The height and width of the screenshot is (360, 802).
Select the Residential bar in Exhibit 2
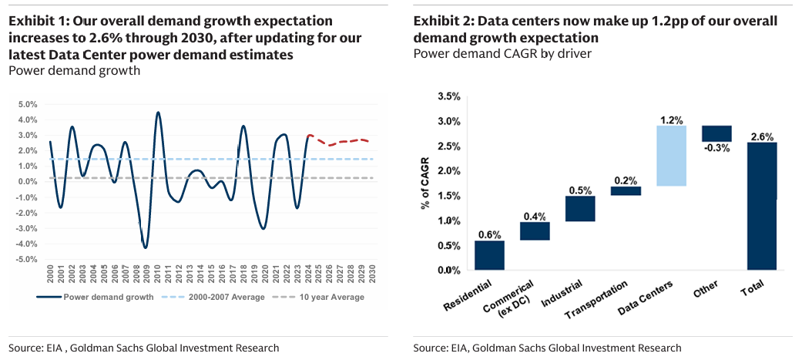coord(489,255)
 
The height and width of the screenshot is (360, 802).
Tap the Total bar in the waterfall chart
coord(762,206)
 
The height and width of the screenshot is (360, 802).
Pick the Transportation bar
coord(626,190)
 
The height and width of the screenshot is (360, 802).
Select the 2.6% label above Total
coord(761,136)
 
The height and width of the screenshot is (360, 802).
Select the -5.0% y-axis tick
coord(25,259)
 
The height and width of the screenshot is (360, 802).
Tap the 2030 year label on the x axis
coord(373,274)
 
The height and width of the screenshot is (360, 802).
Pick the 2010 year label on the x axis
coord(157,274)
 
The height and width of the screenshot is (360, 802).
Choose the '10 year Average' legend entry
coord(324,297)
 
